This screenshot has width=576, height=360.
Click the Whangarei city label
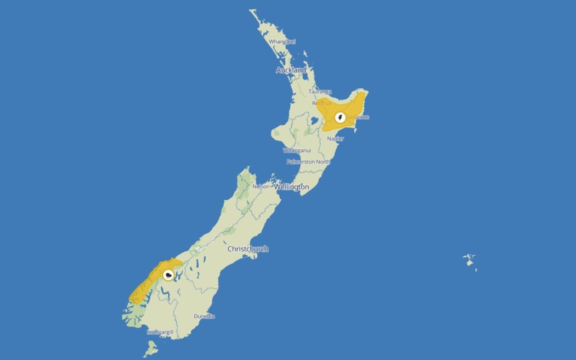tap(283, 41)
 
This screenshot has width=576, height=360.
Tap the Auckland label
tap(291, 70)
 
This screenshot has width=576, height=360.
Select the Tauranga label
tap(320, 92)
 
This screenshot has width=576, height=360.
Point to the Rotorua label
tap(321, 103)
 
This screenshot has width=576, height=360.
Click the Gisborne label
tap(358, 117)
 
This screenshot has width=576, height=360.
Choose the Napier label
tap(335, 138)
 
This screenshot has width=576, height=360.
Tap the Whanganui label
tap(297, 150)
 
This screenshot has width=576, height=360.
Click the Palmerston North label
tap(308, 162)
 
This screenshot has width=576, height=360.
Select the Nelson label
tap(261, 187)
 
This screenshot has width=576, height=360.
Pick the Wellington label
tap(291, 187)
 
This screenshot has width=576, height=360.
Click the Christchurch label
tap(248, 249)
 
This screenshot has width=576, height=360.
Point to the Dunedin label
tap(204, 316)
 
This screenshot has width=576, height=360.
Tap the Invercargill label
tap(161, 332)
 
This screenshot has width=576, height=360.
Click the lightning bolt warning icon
tap(340, 117)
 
